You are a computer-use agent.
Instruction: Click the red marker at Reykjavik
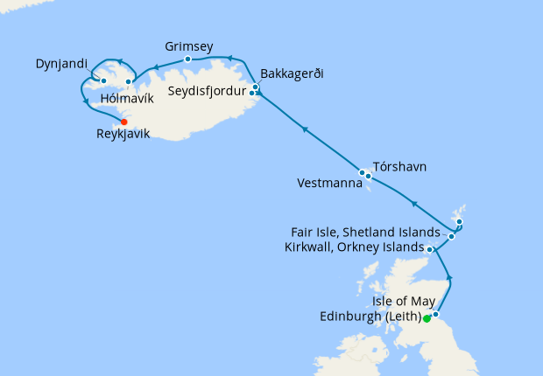click(123, 122)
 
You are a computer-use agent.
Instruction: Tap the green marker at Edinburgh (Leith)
click(427, 319)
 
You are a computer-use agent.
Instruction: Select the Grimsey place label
click(189, 45)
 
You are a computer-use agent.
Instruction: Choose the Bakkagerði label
click(293, 73)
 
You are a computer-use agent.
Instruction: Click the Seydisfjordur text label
click(208, 90)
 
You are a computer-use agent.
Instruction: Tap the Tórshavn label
click(399, 165)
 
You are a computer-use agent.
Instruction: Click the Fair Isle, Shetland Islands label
click(365, 233)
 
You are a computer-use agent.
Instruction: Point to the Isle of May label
click(404, 302)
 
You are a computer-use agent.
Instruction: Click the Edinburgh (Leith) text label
click(371, 317)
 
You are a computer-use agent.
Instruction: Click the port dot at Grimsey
click(188, 59)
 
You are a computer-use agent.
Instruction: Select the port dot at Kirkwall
click(430, 249)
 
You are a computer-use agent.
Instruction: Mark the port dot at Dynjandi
click(103, 81)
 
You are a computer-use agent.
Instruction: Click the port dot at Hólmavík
click(129, 82)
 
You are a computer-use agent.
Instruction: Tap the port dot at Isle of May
click(435, 313)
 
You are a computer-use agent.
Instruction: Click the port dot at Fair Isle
click(451, 236)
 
